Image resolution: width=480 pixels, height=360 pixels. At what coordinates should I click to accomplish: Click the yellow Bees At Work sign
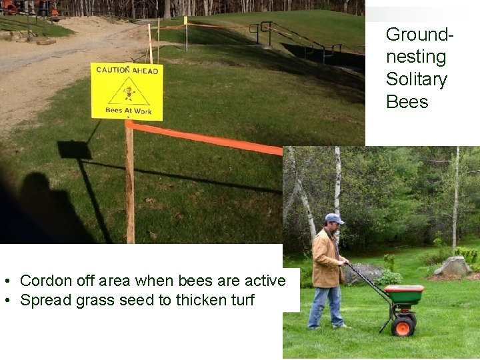coord(127,91)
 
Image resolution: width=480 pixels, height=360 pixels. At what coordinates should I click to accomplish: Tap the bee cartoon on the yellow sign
coord(127,90)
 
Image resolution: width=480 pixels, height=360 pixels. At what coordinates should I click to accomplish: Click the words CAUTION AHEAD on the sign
coord(127,69)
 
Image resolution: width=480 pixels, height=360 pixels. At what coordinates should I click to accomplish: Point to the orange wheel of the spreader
coord(403,325)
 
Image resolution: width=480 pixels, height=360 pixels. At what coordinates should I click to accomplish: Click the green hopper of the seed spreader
coord(404,293)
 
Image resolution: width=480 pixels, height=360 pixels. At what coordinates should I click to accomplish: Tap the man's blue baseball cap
coord(333,219)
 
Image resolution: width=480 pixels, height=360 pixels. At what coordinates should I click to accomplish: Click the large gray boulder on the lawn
coord(453,266)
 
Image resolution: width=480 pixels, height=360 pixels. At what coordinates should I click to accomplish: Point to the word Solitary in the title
coord(416,79)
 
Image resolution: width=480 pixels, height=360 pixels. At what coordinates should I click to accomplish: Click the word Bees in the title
coord(407,102)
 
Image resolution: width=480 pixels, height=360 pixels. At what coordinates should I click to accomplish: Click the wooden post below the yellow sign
coord(129,187)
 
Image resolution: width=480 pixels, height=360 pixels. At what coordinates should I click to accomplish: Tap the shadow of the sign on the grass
coord(74,150)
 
